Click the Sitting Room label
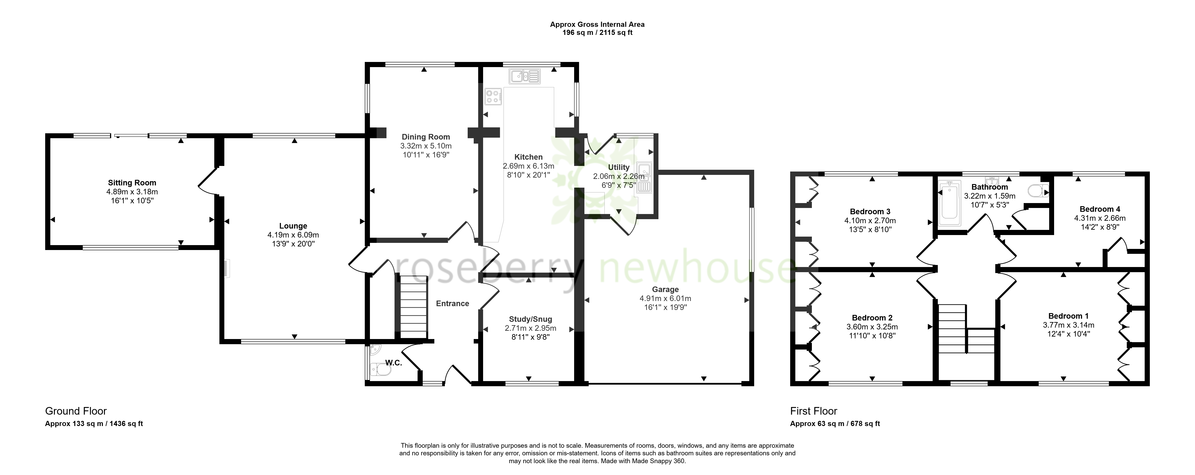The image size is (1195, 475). (132, 183)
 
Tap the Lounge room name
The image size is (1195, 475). (293, 226)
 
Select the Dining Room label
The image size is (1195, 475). (426, 137)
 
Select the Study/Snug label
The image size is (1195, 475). (531, 319)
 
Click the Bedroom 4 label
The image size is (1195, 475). (1099, 209)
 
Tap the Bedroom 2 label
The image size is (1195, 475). (872, 318)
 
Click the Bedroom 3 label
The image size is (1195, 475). (870, 212)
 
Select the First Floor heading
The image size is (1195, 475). (814, 411)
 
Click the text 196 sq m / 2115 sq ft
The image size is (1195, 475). (598, 32)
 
